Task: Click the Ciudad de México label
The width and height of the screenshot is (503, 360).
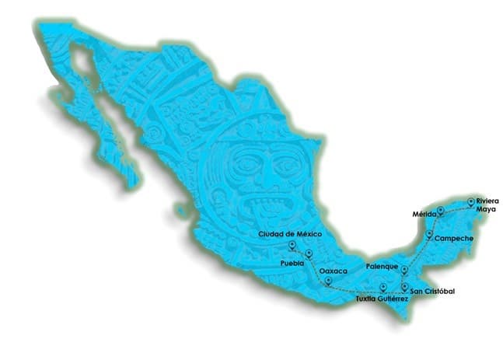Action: click(x=289, y=233)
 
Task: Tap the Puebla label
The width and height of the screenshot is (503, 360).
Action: click(x=292, y=264)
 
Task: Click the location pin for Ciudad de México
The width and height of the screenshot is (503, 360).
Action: click(x=292, y=246)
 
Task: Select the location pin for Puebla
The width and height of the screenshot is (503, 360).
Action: click(x=309, y=254)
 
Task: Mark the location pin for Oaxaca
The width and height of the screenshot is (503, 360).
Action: click(x=328, y=281)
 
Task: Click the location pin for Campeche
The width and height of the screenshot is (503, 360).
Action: click(x=429, y=232)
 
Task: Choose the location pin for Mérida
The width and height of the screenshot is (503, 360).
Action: click(x=440, y=209)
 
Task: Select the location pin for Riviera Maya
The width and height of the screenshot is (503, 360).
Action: click(x=470, y=202)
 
